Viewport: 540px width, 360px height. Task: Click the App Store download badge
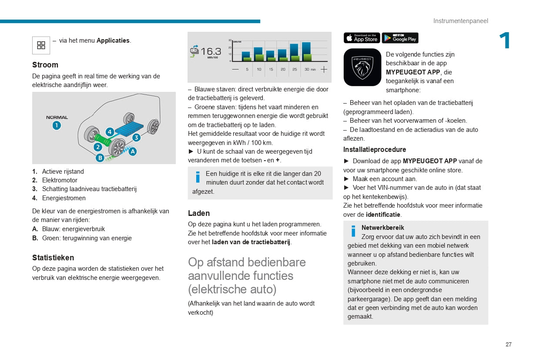[362, 38]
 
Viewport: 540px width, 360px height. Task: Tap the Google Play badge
[400, 38]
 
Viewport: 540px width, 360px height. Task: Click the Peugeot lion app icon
[362, 67]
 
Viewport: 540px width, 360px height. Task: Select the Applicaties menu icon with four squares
[41, 45]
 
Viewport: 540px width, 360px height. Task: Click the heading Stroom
[45, 65]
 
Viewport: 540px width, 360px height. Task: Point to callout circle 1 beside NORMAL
[57, 125]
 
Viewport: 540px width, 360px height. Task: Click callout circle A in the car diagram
[132, 151]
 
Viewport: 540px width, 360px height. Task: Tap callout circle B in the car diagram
[100, 158]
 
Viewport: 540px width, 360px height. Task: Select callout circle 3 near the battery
[136, 138]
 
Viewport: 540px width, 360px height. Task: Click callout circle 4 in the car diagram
[110, 131]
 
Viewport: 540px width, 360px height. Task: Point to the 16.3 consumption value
[211, 51]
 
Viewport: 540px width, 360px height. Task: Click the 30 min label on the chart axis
[310, 69]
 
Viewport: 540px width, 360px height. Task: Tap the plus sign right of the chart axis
[324, 69]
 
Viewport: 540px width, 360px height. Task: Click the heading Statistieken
[53, 258]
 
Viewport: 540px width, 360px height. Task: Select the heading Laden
[199, 213]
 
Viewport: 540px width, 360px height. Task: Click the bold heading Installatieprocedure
[375, 150]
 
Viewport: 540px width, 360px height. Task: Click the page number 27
[508, 344]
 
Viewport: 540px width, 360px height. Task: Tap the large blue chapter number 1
[505, 41]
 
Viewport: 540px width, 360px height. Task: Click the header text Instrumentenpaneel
[460, 21]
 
